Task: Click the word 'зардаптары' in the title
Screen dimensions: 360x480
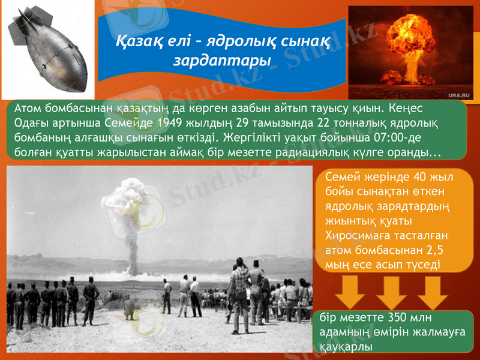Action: point(221,61)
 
